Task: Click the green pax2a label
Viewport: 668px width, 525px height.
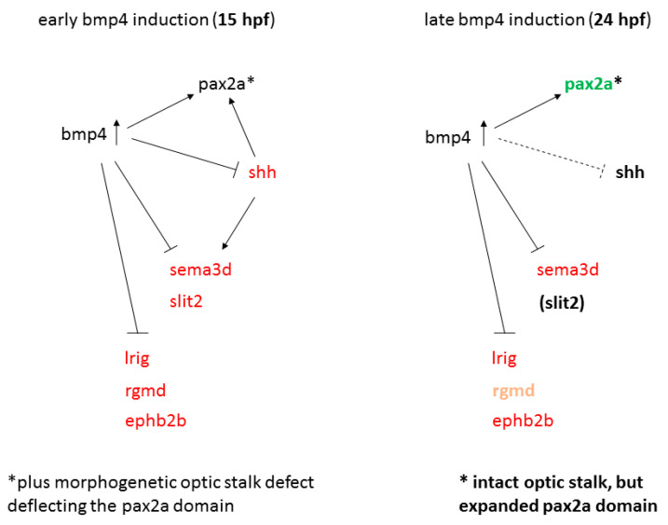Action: (x=588, y=85)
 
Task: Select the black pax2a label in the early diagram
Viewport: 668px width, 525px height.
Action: (x=222, y=85)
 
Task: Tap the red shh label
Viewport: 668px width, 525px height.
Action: (x=262, y=173)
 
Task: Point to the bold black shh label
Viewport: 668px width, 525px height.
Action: (x=630, y=173)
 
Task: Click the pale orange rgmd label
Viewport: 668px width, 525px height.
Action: (x=513, y=391)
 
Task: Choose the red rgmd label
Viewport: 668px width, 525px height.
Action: (x=145, y=391)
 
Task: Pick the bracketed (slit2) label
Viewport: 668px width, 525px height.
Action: (x=562, y=302)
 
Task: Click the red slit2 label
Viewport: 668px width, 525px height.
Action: (x=185, y=301)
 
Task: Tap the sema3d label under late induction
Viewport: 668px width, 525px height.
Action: (x=567, y=269)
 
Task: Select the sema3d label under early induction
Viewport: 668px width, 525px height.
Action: (x=200, y=269)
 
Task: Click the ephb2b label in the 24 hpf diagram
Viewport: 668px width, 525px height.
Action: (x=523, y=421)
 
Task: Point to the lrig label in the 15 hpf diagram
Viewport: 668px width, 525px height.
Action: (x=137, y=358)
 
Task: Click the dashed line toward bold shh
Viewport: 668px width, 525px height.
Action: (x=551, y=155)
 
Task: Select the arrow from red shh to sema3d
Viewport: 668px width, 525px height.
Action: (x=239, y=223)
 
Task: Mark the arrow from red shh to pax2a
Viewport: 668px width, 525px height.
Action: (x=242, y=127)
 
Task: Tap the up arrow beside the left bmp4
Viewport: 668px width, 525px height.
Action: (x=116, y=132)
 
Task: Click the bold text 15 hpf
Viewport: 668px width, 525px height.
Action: (x=244, y=20)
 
